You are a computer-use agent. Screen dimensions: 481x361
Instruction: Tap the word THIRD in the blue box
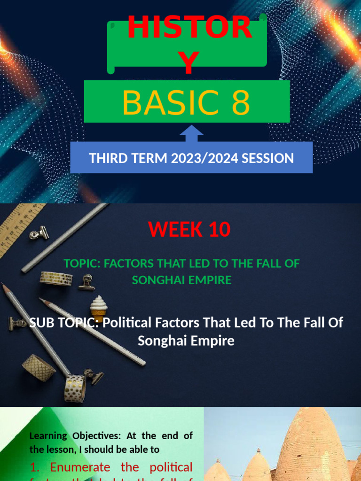click(107, 158)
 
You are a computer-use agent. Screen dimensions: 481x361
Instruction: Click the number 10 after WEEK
click(217, 229)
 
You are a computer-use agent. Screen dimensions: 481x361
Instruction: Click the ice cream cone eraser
click(99, 308)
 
